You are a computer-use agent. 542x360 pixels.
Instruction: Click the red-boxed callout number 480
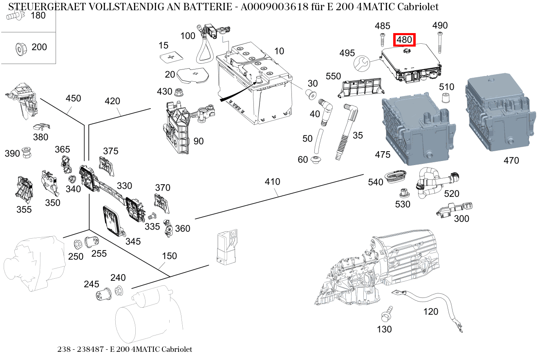[x=404, y=40]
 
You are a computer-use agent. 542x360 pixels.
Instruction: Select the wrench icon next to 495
[x=361, y=63]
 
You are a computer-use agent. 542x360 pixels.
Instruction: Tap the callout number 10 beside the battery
[x=279, y=51]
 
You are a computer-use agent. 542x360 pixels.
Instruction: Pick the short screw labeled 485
[x=382, y=41]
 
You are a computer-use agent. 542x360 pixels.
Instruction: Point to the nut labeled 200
[x=19, y=48]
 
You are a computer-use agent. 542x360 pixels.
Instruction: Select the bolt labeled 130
[x=386, y=315]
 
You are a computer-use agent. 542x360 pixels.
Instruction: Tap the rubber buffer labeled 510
[x=446, y=98]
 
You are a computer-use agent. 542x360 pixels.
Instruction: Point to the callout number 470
[x=511, y=161]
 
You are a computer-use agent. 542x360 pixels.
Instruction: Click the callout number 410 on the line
[x=272, y=181]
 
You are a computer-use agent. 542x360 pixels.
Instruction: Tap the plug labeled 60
[x=316, y=160]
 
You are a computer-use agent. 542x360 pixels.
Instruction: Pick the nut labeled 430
[x=179, y=92]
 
